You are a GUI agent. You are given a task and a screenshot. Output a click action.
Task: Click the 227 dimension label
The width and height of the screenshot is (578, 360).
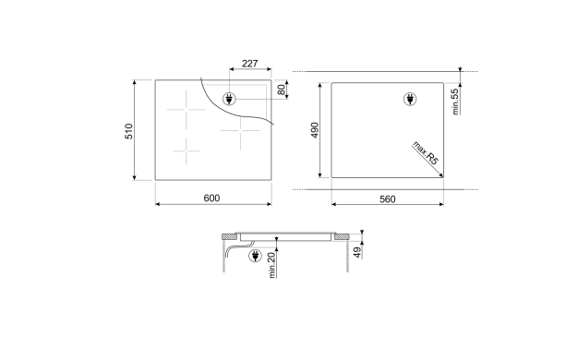(249, 64)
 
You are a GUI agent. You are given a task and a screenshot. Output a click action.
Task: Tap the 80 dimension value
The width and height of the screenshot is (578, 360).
(282, 90)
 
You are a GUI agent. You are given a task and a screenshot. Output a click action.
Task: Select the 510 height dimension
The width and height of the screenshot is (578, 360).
(128, 131)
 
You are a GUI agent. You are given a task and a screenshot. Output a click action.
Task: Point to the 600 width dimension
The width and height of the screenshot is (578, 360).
(211, 198)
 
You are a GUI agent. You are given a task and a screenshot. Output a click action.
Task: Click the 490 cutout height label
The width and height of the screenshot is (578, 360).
(315, 130)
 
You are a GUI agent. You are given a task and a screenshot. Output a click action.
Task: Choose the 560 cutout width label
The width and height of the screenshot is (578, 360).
(388, 199)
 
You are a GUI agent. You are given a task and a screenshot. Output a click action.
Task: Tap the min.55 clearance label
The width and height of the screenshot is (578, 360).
(455, 102)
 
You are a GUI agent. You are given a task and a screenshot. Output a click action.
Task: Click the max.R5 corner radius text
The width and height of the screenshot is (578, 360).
(426, 152)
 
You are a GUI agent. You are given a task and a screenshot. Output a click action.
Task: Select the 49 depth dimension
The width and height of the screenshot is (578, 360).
(357, 252)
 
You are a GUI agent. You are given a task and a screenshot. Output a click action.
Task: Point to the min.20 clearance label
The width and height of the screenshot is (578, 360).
(272, 265)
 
